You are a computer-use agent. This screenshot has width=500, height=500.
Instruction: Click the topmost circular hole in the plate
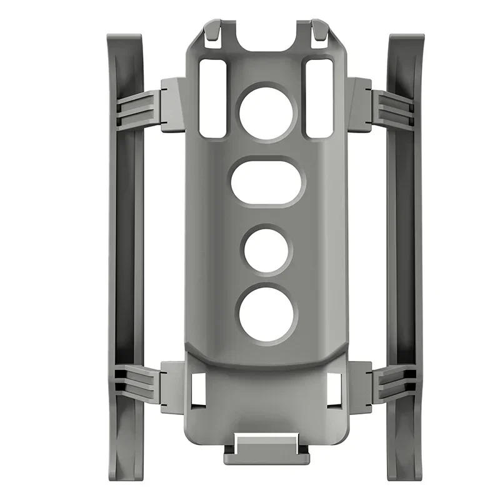coord(267,112)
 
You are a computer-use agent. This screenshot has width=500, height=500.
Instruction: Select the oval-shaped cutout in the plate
coord(267,182)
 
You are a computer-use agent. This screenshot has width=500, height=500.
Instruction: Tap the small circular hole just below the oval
coord(267,250)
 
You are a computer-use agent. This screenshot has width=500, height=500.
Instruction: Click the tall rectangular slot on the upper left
coord(212,98)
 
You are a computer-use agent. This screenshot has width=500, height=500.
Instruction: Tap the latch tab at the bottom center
coord(267,450)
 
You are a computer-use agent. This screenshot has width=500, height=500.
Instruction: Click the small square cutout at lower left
coord(200,387)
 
